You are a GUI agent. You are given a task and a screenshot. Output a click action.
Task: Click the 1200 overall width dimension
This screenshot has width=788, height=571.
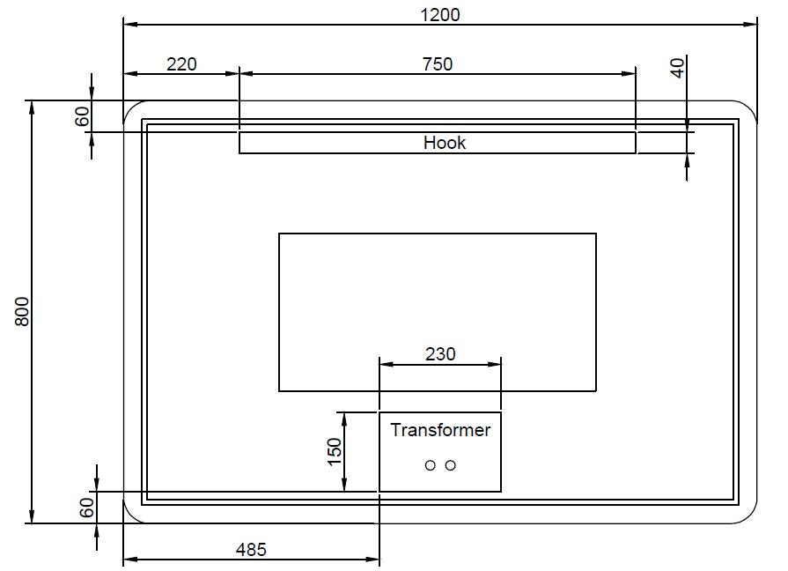[440, 14]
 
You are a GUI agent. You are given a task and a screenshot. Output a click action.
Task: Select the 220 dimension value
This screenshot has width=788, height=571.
[181, 63]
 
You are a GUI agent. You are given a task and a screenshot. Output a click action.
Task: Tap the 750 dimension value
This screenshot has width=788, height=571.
[438, 63]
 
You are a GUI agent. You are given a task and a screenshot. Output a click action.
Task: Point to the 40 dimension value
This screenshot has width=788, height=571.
[677, 68]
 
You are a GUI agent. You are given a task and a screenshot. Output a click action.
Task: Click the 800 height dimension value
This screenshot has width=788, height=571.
[23, 311]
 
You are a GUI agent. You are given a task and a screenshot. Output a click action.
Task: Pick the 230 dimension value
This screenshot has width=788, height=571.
[440, 353]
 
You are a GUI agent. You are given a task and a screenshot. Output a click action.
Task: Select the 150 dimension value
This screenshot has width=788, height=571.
[335, 452]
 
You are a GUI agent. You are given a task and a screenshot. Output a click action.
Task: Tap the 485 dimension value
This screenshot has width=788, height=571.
[251, 549]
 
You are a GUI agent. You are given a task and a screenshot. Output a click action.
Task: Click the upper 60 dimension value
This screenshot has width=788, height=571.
[84, 116]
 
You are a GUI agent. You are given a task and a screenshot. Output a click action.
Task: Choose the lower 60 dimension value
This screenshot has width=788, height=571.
[86, 508]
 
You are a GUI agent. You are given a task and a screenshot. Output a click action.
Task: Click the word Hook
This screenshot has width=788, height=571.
[445, 143]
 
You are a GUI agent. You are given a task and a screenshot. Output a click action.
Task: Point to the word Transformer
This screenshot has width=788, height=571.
[440, 430]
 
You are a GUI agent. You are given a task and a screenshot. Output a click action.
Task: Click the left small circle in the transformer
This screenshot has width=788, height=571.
[431, 465]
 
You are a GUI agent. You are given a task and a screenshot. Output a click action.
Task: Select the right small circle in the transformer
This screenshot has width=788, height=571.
[450, 465]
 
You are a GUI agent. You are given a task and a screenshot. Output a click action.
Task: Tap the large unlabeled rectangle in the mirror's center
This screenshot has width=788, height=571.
[438, 291]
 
